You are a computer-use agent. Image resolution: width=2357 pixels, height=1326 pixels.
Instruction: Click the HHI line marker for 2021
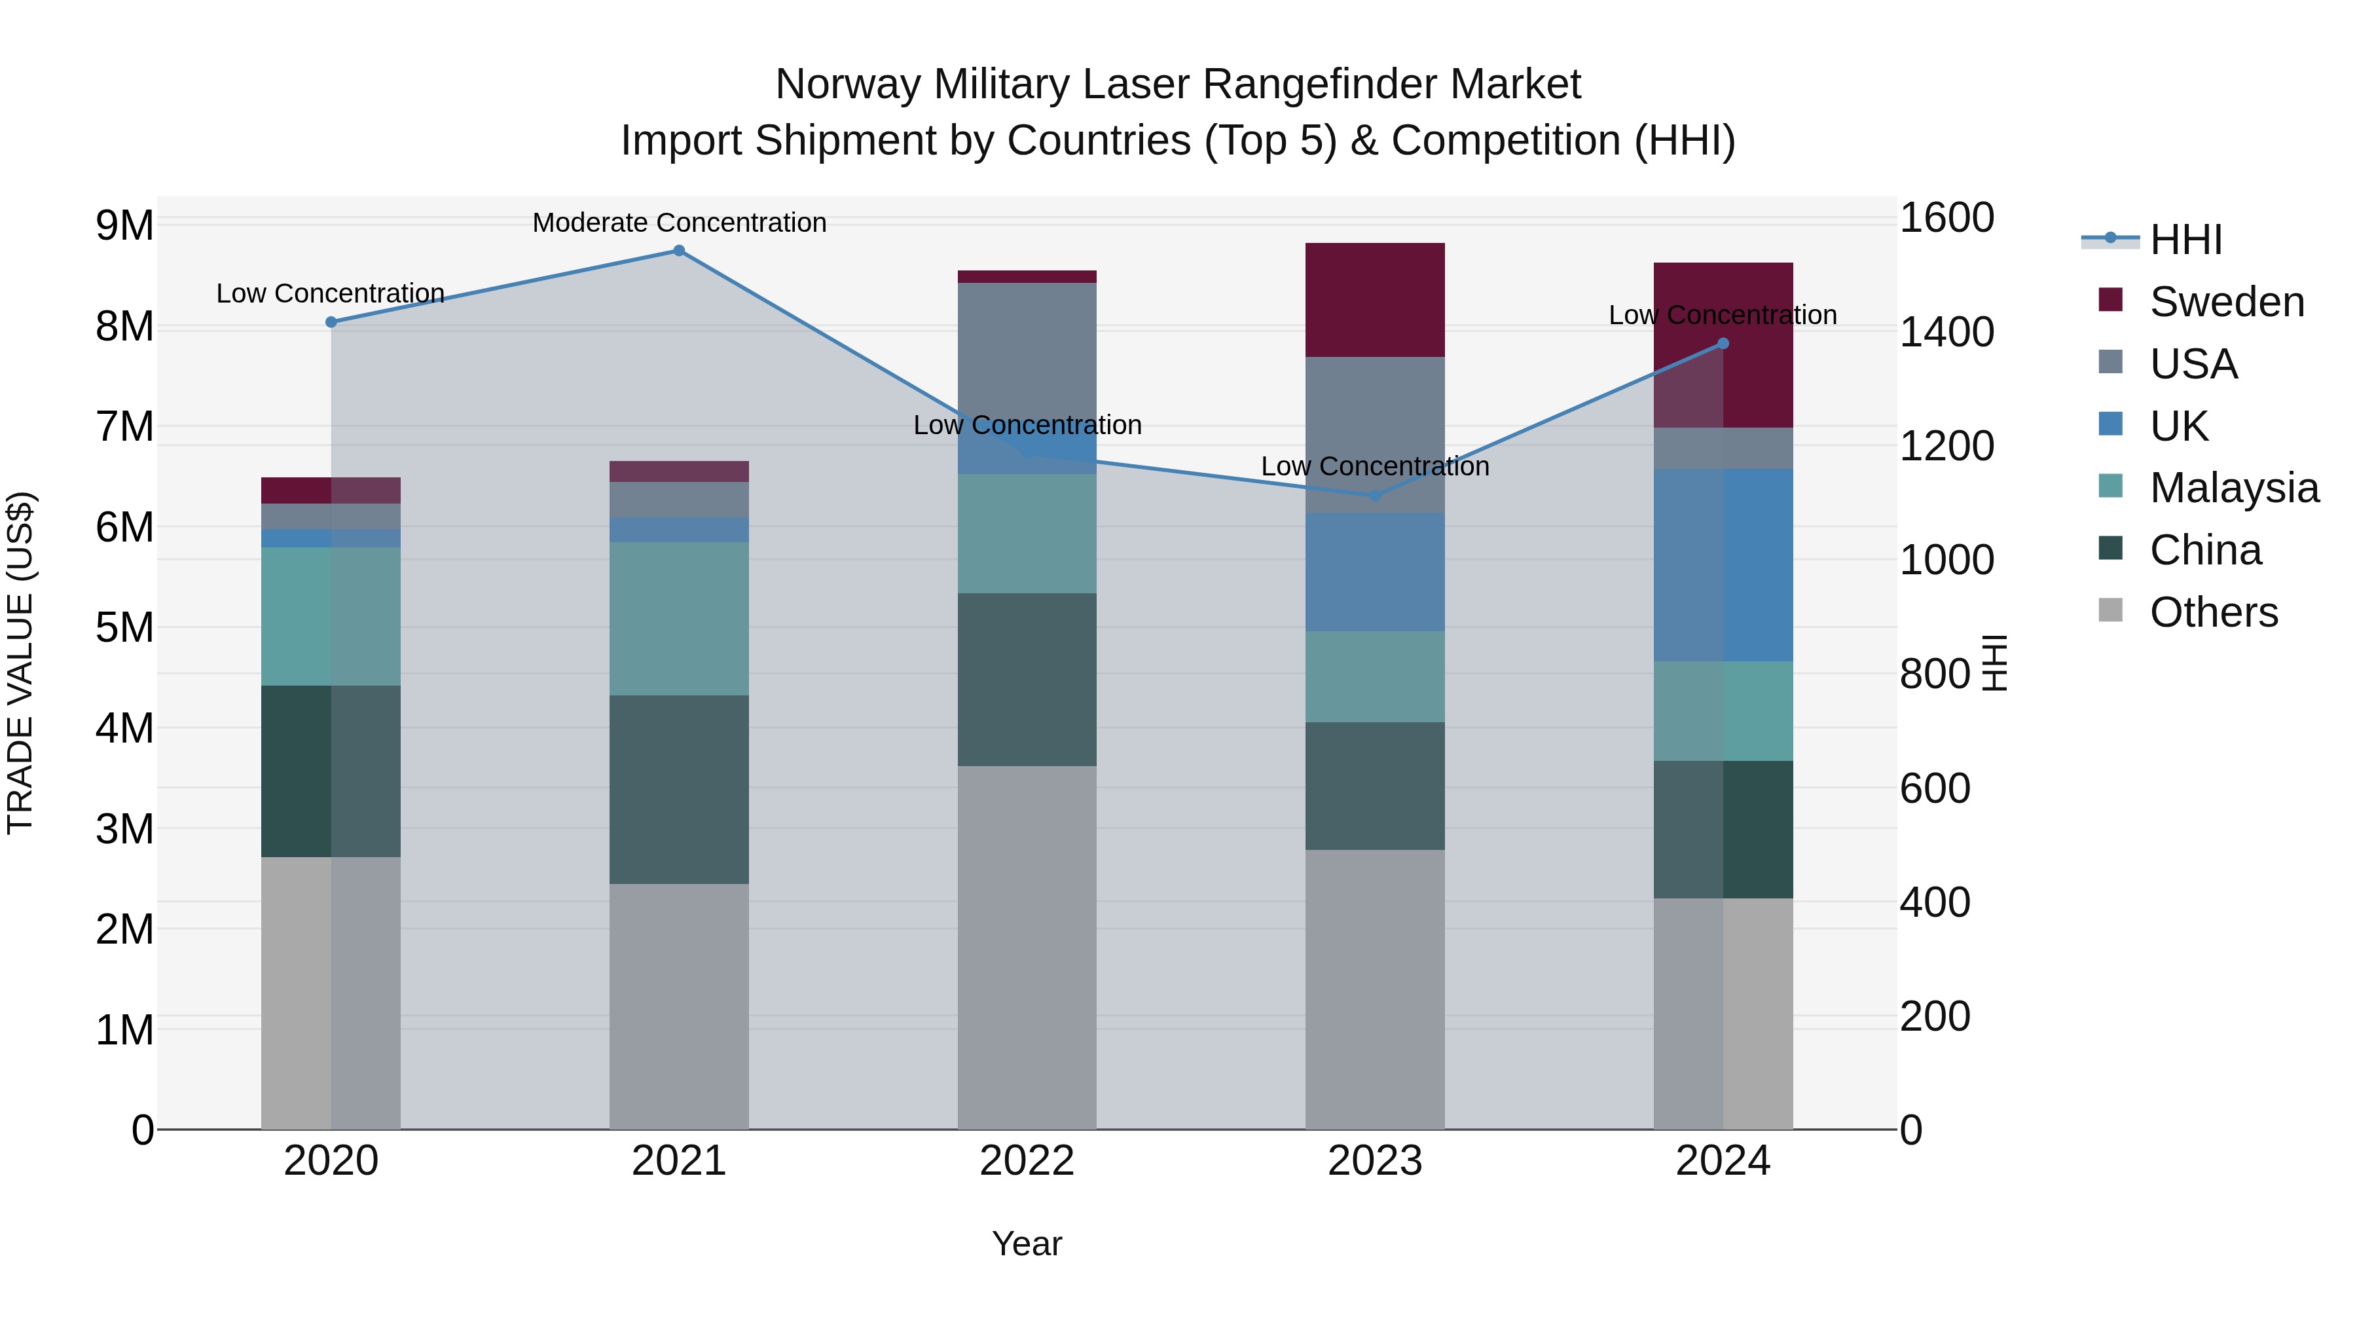pos(679,251)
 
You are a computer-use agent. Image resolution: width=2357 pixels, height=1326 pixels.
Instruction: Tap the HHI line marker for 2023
pos(1374,495)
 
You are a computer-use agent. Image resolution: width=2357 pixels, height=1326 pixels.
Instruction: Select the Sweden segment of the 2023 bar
pos(1374,300)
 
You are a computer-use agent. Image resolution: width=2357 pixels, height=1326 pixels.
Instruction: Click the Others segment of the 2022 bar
pos(1027,947)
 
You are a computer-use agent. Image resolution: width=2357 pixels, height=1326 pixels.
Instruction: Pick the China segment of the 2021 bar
pos(679,789)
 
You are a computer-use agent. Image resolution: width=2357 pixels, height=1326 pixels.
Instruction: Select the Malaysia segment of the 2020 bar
pos(331,616)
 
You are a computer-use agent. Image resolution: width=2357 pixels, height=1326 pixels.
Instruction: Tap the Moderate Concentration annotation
pos(679,223)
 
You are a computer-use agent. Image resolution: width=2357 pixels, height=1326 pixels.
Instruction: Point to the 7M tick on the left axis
pos(124,426)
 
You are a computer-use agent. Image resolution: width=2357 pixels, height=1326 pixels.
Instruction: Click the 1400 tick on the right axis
pos(1946,332)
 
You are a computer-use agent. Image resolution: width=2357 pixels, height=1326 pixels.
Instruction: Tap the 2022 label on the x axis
pos(1027,1161)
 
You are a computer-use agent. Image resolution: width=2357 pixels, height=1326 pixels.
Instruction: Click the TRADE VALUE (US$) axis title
pos(20,663)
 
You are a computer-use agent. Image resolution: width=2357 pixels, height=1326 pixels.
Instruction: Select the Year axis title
pos(1027,1243)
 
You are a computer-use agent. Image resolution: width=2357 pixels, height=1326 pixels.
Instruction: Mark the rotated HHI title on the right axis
pos(1995,663)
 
